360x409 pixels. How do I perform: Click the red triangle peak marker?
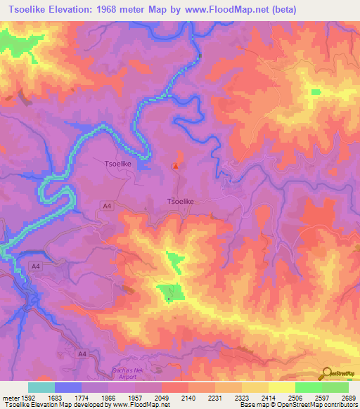coord(175,166)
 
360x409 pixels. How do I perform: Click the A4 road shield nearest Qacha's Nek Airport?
coord(82,353)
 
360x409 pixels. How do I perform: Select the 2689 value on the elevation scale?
coord(349,398)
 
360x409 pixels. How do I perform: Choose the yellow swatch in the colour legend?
coord(281,387)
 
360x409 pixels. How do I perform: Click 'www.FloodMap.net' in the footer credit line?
coord(137,405)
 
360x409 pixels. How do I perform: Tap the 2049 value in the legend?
coord(162,398)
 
